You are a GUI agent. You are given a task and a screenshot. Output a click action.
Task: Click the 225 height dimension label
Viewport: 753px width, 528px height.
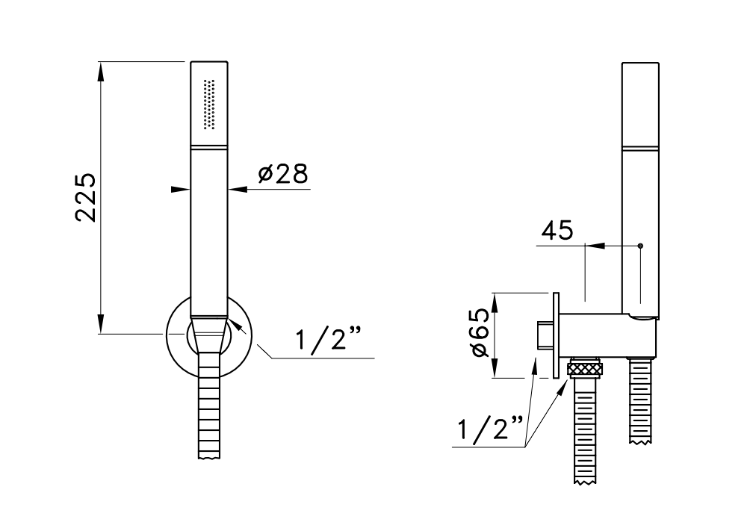click(x=87, y=197)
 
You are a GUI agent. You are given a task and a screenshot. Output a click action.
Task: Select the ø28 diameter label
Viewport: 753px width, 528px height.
click(x=283, y=173)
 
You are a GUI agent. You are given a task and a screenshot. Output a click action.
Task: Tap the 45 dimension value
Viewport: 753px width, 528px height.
click(x=557, y=231)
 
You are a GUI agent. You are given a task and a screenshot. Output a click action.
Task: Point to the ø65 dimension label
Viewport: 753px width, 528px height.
click(x=481, y=332)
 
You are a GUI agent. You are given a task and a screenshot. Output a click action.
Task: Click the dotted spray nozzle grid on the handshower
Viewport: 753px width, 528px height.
click(x=209, y=104)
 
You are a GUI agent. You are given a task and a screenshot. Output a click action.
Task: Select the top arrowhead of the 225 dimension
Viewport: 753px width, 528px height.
click(x=100, y=71)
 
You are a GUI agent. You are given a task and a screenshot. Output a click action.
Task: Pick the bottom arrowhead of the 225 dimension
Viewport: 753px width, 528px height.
click(x=100, y=323)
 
